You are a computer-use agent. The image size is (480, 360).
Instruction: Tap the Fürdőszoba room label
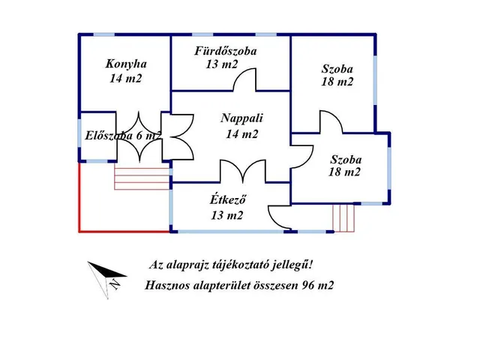pyautogui.click(x=226, y=52)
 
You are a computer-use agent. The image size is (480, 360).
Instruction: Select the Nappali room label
pyautogui.click(x=242, y=118)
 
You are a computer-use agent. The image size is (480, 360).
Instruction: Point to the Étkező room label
pyautogui.click(x=228, y=199)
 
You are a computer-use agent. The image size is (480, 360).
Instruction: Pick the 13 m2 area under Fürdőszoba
pyautogui.click(x=221, y=65)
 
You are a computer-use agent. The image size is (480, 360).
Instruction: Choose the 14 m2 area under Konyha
pyautogui.click(x=124, y=78)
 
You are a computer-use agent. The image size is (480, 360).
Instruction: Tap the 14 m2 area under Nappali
pyautogui.click(x=241, y=135)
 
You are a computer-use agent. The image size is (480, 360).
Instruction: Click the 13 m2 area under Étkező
pyautogui.click(x=226, y=216)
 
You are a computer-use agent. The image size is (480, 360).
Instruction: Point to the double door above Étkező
pyautogui.click(x=241, y=170)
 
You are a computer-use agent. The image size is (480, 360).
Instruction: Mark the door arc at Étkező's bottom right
pyautogui.click(x=280, y=218)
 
